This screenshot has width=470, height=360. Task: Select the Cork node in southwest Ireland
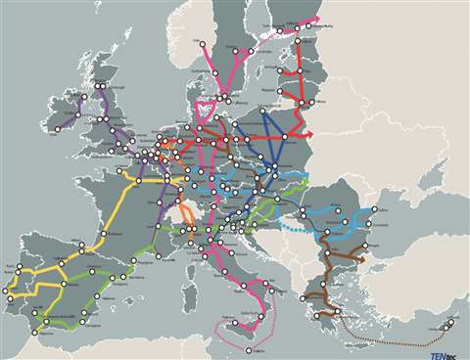[x=56, y=129]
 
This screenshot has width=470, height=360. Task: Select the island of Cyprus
[x=449, y=326]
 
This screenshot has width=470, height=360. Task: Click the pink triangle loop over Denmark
[x=206, y=109]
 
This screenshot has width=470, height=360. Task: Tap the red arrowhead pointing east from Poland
[x=313, y=135]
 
